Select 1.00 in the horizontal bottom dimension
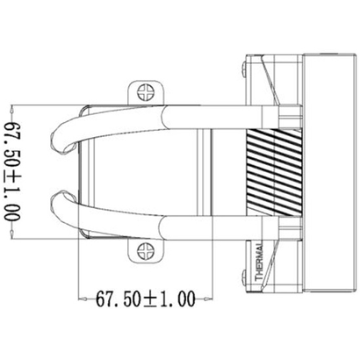click(x=177, y=298)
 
